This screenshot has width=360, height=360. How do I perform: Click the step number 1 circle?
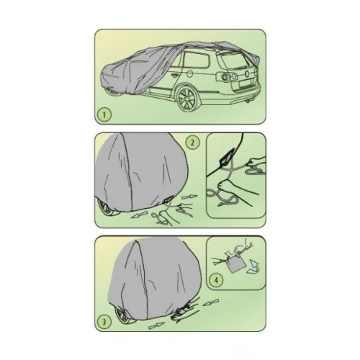point(104,115)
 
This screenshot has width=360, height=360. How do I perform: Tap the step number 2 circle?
point(192,143)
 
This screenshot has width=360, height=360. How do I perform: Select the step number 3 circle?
point(104,322)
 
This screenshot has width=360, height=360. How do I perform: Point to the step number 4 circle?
point(217,280)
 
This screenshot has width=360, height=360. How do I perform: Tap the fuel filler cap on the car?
point(189,73)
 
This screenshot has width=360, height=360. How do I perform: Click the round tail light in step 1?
point(226,76)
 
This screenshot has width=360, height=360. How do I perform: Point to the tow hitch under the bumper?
point(247,102)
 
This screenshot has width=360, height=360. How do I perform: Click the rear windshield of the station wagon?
point(233,60)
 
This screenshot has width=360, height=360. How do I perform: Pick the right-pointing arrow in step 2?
point(189,197)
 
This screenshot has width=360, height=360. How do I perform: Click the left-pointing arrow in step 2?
point(138,216)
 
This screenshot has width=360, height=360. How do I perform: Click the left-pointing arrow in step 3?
point(211,302)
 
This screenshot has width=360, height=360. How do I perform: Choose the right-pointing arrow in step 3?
point(156,326)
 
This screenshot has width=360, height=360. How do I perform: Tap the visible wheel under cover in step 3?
point(123,315)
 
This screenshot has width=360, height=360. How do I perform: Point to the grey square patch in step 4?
point(236,264)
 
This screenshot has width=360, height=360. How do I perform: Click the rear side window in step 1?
point(197,60)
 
